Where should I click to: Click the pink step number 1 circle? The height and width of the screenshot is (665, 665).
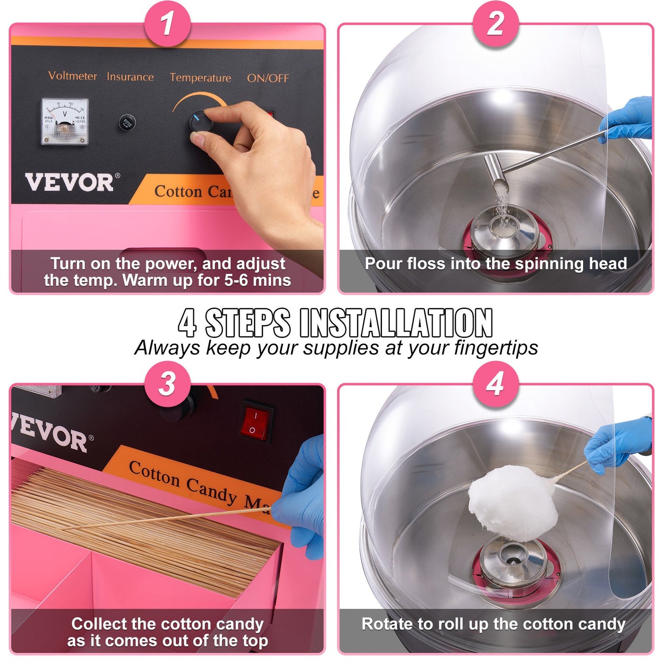[x=167, y=23]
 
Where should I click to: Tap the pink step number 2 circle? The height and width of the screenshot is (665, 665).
[x=495, y=23]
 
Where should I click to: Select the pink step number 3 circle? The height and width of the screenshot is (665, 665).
[x=167, y=384]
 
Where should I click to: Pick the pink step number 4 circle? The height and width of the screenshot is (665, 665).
[x=495, y=384]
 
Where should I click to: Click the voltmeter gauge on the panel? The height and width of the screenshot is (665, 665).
[x=64, y=121]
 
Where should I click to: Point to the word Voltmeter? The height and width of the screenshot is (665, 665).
[x=73, y=75]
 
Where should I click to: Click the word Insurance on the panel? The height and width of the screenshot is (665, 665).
[x=130, y=77]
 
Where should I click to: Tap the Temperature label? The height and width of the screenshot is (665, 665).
[x=200, y=78]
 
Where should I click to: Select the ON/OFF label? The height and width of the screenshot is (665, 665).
[x=268, y=78]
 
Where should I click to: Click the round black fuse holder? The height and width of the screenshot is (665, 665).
[x=127, y=123]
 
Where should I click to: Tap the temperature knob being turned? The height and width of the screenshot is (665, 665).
[x=200, y=122]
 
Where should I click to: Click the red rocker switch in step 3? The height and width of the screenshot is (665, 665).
[x=254, y=423]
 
